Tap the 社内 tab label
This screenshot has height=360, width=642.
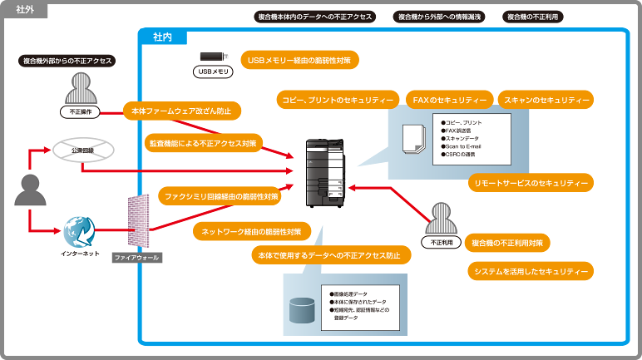tap(163, 37)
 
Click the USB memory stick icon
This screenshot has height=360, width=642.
tap(212, 57)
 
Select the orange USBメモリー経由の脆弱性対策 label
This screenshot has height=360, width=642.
tap(300, 60)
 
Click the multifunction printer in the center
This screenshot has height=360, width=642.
tap(324, 170)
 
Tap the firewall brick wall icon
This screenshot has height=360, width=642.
tap(136, 223)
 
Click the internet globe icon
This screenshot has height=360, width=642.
tap(81, 229)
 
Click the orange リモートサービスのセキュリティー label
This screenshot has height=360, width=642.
tap(530, 182)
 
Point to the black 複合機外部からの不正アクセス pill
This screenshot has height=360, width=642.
tap(66, 61)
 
